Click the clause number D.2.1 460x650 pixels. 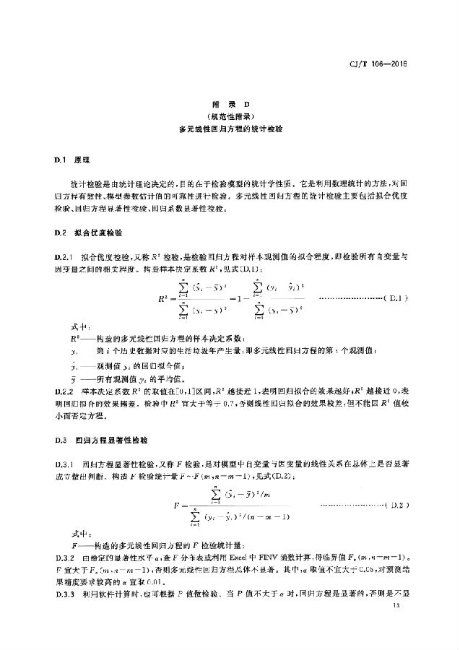click(x=65, y=256)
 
